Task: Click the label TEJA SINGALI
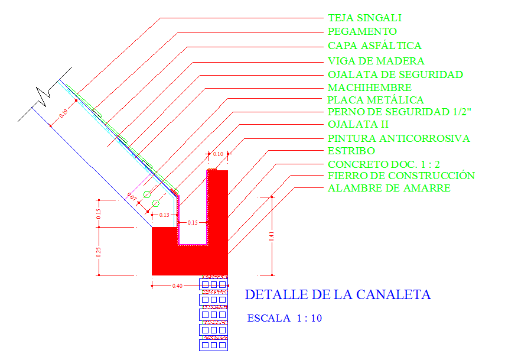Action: click(364, 18)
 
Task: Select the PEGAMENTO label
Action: click(362, 31)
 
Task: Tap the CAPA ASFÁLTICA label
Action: click(374, 46)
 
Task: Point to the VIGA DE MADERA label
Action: click(376, 61)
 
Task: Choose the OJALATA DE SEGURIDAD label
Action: click(395, 74)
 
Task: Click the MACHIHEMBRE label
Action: click(369, 87)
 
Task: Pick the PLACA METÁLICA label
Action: click(376, 100)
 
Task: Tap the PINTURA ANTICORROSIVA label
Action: click(399, 138)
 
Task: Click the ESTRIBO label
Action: click(351, 151)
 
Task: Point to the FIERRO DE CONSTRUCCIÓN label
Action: click(401, 176)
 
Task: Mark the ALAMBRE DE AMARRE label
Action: click(389, 188)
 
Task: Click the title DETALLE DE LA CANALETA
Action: click(338, 294)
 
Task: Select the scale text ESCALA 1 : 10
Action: click(284, 318)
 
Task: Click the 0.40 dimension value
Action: click(177, 286)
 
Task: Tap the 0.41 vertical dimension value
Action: click(272, 236)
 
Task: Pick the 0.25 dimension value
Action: click(99, 251)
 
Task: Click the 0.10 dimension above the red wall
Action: click(217, 154)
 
